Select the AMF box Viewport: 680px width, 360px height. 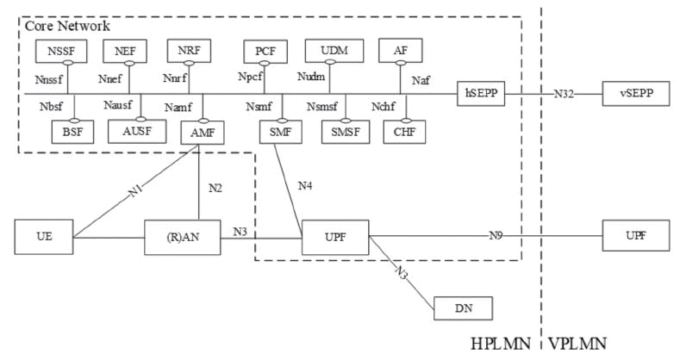(200, 132)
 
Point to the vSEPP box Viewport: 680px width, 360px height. (637, 93)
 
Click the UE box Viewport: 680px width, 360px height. (43, 236)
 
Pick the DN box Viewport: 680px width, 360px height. (465, 307)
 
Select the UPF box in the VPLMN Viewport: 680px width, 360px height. (636, 235)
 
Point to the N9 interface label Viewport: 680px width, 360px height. (496, 235)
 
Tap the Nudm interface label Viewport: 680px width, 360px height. (310, 78)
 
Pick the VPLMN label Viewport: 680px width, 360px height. (577, 343)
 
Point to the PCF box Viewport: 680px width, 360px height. (265, 52)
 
